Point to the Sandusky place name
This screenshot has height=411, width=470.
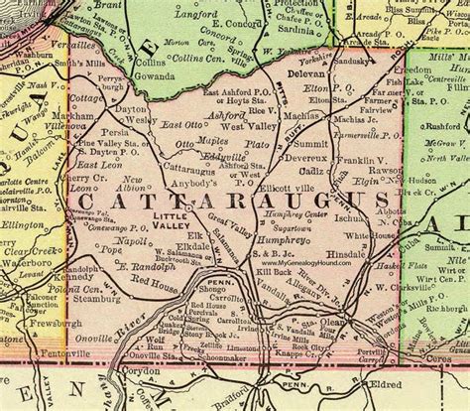click(376, 59)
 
